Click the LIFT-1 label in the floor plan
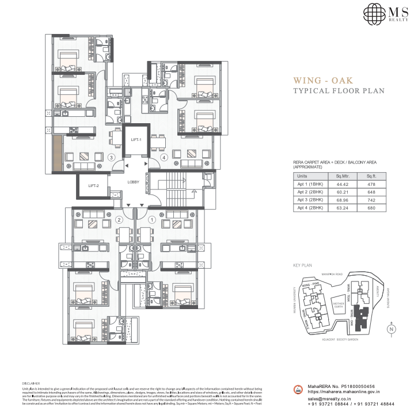[136, 140]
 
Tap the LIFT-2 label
[94, 186]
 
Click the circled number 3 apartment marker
[112, 157]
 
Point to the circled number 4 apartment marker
[164, 157]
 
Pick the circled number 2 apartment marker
[120, 219]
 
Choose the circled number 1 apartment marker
[152, 219]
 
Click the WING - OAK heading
[323, 80]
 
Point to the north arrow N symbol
[391, 329]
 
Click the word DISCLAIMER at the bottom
[31, 383]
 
